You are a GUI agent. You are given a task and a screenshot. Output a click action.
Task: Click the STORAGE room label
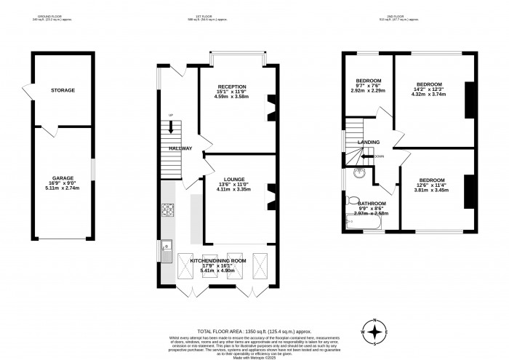point(63,91)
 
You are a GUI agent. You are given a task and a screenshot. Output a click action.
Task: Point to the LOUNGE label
point(233,178)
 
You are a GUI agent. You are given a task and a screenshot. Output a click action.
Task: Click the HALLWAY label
point(180,148)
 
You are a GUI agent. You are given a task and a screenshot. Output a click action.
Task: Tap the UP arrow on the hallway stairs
point(172,128)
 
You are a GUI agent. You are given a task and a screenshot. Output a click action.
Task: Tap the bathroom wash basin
point(357,173)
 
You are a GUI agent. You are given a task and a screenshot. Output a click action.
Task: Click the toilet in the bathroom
point(353,200)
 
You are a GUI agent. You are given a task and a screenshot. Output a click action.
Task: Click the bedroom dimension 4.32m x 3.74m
point(428,94)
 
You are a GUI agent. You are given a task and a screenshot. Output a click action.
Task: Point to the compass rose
point(374,332)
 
